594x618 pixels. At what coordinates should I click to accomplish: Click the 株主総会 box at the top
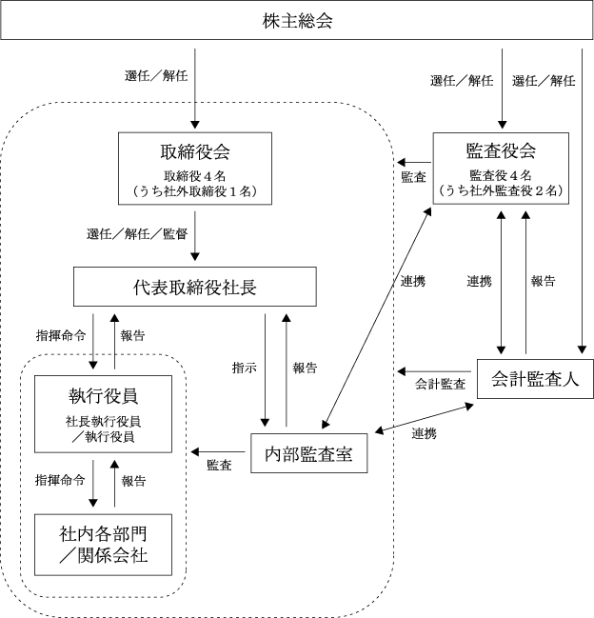coord(296,20)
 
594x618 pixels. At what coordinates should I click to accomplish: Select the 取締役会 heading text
coord(196,152)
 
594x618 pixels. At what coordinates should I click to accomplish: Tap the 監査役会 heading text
coord(501,150)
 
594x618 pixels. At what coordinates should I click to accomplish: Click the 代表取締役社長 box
coord(194,286)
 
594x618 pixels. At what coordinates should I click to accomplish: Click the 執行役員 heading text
coord(102,395)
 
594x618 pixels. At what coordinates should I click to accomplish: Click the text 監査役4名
coord(502,175)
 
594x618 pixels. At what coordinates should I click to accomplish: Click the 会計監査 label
coord(440,384)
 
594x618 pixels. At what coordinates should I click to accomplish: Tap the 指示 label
coord(245,367)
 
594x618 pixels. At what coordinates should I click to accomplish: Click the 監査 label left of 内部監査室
coord(219,465)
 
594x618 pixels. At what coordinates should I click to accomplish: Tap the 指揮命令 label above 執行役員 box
coord(60,335)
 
